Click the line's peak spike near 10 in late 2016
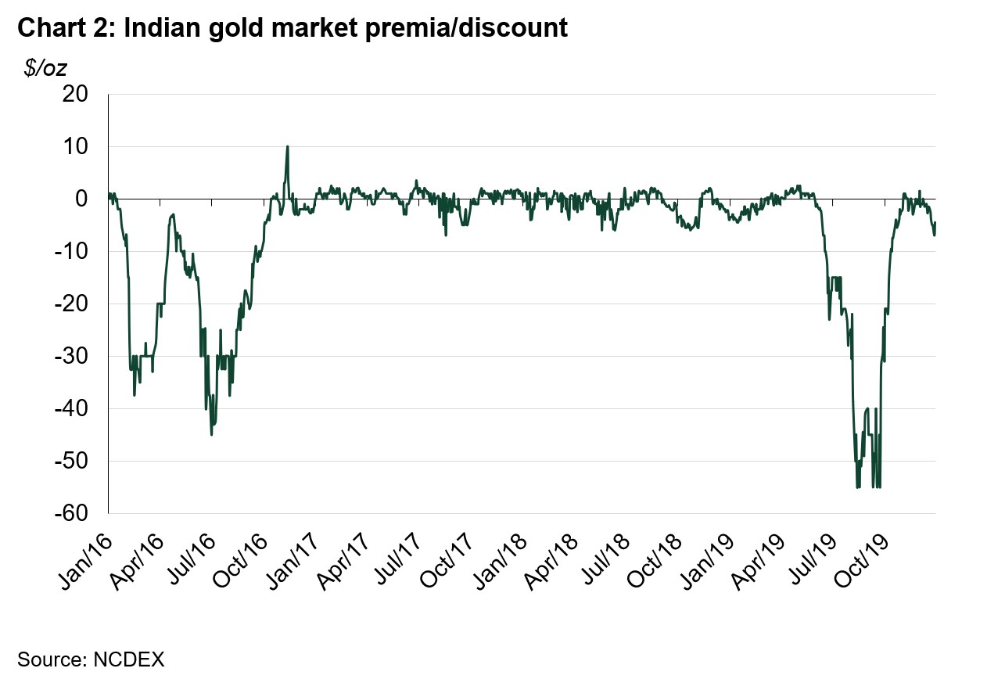click(287, 146)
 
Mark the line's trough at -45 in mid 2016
click(212, 434)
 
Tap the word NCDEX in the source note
click(128, 659)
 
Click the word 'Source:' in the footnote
click(52, 659)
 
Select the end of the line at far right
click(935, 224)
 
